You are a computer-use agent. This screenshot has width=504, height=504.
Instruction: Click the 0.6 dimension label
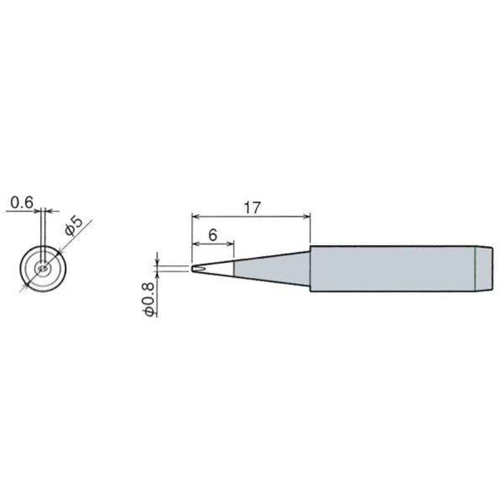click(21, 202)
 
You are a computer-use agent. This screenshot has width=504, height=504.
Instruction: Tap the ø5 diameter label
click(74, 226)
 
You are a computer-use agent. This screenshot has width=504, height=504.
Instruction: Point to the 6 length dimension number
click(212, 235)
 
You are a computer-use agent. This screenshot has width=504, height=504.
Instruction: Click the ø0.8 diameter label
click(149, 300)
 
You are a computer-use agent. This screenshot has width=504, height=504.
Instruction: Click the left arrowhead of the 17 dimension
click(195, 216)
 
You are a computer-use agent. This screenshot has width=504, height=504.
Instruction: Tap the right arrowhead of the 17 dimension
click(307, 216)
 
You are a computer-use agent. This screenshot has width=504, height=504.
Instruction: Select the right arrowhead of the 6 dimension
click(230, 244)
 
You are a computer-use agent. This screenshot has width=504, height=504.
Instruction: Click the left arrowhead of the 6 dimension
click(195, 244)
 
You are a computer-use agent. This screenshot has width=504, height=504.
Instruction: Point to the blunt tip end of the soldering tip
click(192, 268)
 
